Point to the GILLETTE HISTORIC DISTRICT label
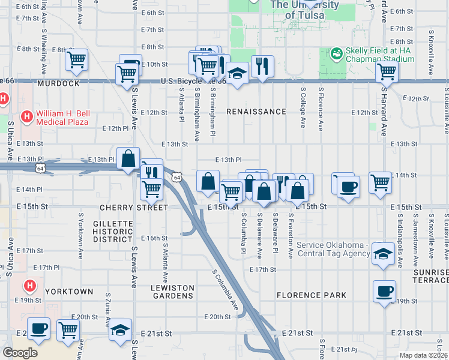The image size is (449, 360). click(113, 231)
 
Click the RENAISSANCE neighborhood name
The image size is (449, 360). click(256, 112)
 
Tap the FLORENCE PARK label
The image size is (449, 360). click(311, 295)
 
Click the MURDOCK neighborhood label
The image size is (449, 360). click(58, 83)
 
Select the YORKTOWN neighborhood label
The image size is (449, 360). click(70, 292)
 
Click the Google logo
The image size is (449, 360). click(20, 353)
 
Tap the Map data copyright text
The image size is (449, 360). click(424, 355)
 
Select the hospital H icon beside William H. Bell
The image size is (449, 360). click(26, 115)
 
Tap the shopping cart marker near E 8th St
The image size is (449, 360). click(77, 59)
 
